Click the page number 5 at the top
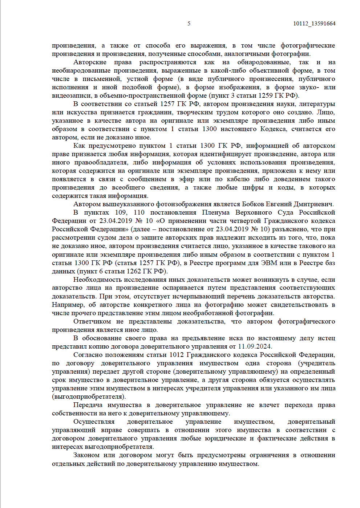click(x=189, y=24)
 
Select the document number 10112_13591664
click(x=314, y=24)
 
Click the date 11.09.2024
click(x=255, y=346)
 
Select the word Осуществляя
click(x=94, y=422)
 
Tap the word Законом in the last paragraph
click(x=86, y=455)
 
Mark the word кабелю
click(x=238, y=179)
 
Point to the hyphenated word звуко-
click(x=309, y=87)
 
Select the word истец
click(x=326, y=338)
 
